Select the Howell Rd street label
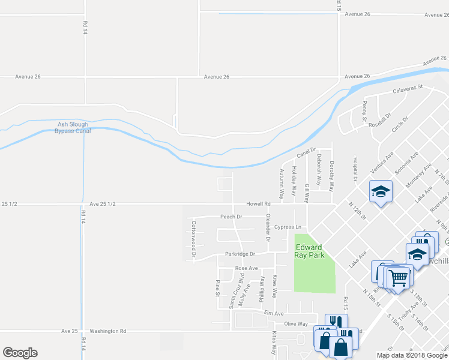[259, 204]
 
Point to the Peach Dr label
[231, 217]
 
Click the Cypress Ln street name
[288, 227]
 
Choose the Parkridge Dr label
[240, 254]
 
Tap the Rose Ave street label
[246, 268]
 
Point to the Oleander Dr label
[268, 229]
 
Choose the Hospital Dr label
[355, 170]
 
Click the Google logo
[20, 353]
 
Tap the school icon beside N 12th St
[381, 191]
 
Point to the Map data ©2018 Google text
[412, 355]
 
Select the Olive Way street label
[296, 324]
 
